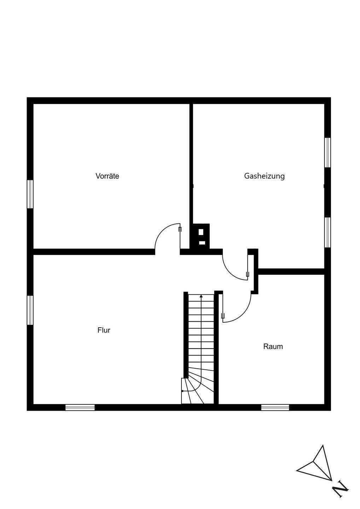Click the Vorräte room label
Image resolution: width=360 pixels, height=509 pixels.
(x=107, y=176)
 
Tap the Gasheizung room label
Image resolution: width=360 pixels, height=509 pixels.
(x=264, y=176)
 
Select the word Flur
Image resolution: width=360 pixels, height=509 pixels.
(x=104, y=330)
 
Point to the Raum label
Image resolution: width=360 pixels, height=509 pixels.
(x=273, y=346)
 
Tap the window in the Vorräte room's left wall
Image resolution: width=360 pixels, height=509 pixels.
(x=30, y=194)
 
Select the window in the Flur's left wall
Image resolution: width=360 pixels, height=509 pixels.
(x=30, y=310)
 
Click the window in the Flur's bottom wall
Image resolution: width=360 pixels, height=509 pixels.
(x=80, y=407)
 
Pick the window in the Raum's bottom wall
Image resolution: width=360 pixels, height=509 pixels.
(x=275, y=407)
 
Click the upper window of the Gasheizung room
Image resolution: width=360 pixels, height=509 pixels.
(x=328, y=152)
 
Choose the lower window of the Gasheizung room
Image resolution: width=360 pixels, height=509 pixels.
(x=328, y=232)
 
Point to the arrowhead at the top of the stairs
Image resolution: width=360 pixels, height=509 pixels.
(x=201, y=296)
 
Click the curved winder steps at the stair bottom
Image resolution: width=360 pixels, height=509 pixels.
(x=200, y=389)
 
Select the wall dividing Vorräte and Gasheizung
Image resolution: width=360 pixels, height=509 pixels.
(x=191, y=163)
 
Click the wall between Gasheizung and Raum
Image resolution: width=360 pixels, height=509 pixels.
(x=291, y=271)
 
